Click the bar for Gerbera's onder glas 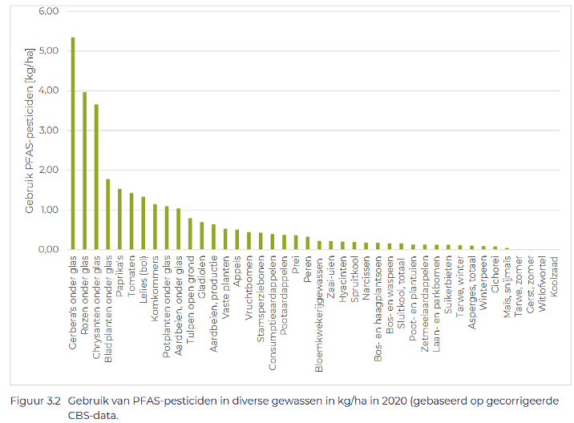coord(73,144)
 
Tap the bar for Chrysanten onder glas coord(96,177)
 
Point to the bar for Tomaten coord(131,221)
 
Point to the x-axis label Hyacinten coord(342,280)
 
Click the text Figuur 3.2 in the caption coord(38,401)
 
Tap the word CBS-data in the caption coord(93,414)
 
